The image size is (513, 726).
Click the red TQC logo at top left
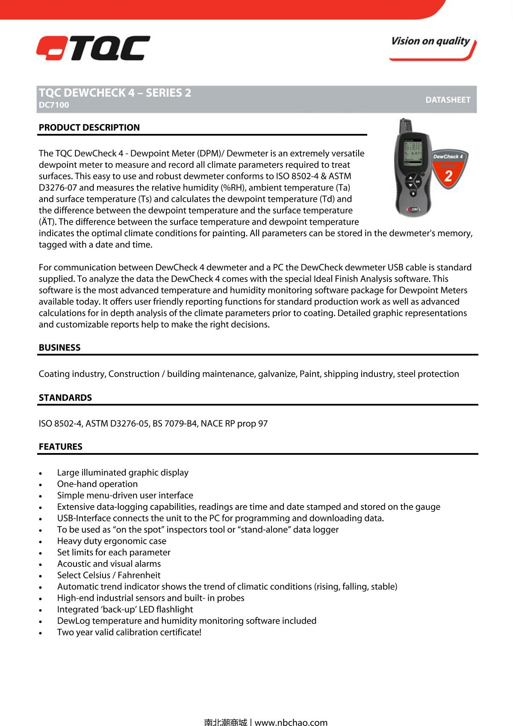pos(93,48)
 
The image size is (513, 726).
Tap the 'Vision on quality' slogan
pos(430,41)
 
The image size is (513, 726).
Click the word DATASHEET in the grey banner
pos(448,100)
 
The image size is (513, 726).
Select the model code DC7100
pos(54,105)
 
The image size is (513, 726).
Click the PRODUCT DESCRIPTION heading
pos(89,127)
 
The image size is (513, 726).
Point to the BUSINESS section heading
pos(59,347)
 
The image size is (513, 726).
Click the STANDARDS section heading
pos(65,397)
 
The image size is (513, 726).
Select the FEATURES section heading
pos(60,447)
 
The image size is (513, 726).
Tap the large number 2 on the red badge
pos(448,176)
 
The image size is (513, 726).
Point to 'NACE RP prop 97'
pos(234,424)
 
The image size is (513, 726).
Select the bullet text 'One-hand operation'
pos(97,484)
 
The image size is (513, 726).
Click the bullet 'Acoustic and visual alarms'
pos(109,564)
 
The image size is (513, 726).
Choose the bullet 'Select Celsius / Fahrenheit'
pos(109,575)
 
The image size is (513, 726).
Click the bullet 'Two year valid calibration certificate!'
pos(129,632)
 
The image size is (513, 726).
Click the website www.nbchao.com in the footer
pos(291,722)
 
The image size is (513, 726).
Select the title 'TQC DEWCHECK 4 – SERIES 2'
pos(115,93)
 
